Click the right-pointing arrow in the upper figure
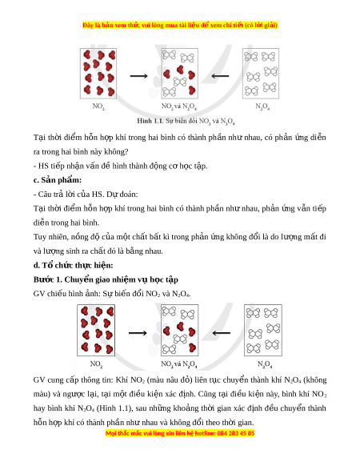[x=138, y=76]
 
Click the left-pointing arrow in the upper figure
[x=220, y=76]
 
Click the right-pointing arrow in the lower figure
[x=138, y=333]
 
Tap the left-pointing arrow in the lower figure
[x=222, y=333]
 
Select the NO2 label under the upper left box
[x=98, y=106]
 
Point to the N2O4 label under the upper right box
[x=262, y=106]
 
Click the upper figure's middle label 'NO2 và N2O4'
[x=179, y=106]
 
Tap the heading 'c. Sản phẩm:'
[x=58, y=180]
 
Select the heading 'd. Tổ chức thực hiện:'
[x=73, y=265]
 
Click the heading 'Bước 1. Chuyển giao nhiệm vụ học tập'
[x=106, y=279]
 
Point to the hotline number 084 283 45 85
[x=236, y=433]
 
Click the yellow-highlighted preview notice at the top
[x=180, y=26]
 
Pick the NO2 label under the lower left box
[x=96, y=364]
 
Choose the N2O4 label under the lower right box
[x=265, y=364]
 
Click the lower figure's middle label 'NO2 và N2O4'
[x=179, y=364]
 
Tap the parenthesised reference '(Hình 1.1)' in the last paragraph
[x=114, y=408]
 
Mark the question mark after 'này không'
[x=126, y=151]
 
